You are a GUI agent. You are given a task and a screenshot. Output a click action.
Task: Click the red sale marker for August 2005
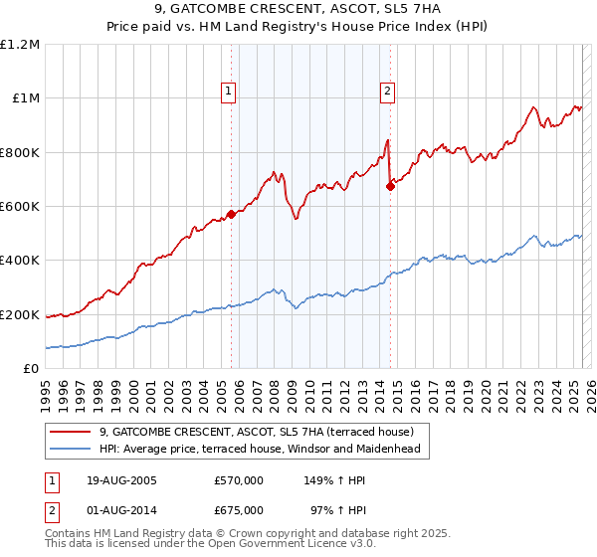[231, 214]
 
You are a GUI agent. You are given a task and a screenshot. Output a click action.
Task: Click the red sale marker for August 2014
[390, 186]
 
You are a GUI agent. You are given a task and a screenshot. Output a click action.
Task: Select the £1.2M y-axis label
[20, 45]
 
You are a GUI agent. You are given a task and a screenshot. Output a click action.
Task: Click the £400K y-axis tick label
[20, 261]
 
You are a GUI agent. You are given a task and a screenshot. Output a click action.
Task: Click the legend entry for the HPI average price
[260, 450]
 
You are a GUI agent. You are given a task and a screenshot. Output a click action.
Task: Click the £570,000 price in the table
[239, 480]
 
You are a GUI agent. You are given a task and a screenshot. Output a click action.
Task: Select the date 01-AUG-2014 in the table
[122, 510]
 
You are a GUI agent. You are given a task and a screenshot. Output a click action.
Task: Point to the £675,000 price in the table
[239, 510]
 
